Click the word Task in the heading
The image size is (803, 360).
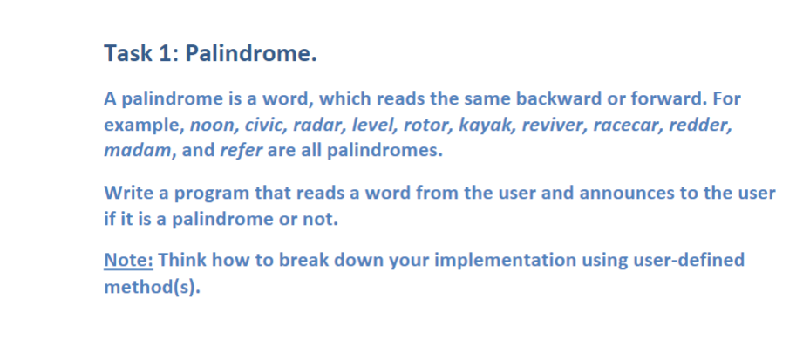[x=127, y=55]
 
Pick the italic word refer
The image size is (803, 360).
[x=237, y=149]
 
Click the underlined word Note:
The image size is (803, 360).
[x=128, y=261]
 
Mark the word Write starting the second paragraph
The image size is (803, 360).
[x=127, y=193]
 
